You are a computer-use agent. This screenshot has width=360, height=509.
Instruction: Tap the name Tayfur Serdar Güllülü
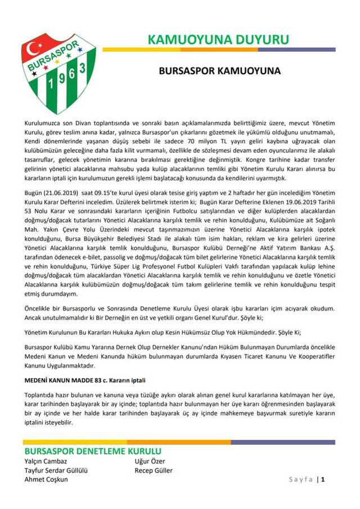[56, 470]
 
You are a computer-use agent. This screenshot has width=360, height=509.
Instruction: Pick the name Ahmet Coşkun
[46, 479]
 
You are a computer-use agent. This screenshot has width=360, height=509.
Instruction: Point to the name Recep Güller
[154, 470]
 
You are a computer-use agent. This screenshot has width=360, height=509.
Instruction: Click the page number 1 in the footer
[323, 480]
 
